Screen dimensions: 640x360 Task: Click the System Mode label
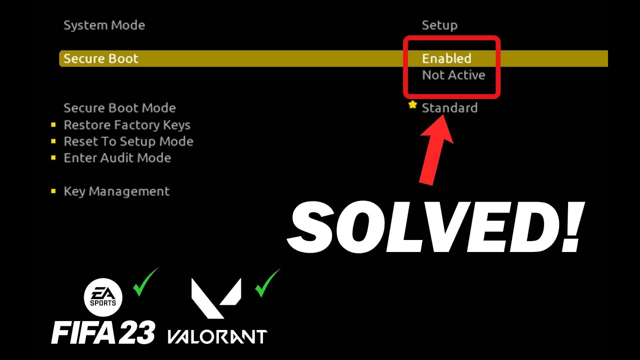click(104, 25)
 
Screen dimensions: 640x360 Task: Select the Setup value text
click(439, 25)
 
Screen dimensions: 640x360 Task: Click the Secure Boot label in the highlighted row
click(101, 58)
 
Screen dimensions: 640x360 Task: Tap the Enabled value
click(446, 58)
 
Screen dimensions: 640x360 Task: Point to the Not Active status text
click(453, 75)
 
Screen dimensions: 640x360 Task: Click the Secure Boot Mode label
click(119, 108)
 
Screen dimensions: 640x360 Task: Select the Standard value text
click(449, 108)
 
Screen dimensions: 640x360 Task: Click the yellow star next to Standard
click(412, 105)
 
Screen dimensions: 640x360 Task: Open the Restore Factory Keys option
click(127, 125)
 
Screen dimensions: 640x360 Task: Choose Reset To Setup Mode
click(128, 141)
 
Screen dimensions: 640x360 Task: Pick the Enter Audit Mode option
click(117, 158)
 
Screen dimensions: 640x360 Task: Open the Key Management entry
click(116, 191)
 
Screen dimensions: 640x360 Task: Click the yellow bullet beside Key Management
click(53, 191)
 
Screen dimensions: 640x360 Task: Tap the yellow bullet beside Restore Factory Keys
click(53, 125)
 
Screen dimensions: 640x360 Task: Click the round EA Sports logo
click(103, 297)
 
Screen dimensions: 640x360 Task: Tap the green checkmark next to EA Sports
click(145, 282)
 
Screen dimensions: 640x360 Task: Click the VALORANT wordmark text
click(217, 337)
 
